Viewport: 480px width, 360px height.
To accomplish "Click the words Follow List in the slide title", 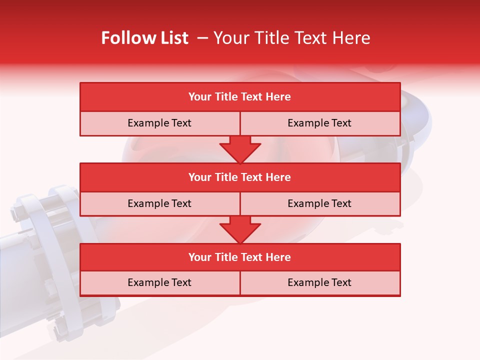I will click(x=144, y=38).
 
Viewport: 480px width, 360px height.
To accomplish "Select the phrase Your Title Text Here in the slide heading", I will click(x=291, y=38).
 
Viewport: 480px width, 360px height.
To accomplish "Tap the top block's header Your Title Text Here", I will click(x=239, y=97).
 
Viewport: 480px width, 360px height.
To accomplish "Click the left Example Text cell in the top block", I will click(x=159, y=123).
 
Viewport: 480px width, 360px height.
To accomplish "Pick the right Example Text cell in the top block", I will click(x=319, y=123).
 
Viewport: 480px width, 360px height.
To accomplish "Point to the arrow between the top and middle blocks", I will click(x=240, y=149).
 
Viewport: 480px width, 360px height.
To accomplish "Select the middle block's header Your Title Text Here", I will click(x=239, y=177).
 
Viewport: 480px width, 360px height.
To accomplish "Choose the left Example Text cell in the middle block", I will click(x=159, y=203).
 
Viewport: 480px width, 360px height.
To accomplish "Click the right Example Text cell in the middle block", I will click(x=319, y=203).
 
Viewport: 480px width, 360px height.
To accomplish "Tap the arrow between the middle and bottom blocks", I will click(x=240, y=229).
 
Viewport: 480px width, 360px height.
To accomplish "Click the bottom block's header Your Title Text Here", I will click(x=239, y=257).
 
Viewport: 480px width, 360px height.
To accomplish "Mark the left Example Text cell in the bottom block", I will click(x=159, y=282).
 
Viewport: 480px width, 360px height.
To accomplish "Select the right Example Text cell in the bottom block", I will click(x=319, y=282).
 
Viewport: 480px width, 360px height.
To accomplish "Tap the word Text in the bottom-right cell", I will click(x=340, y=282).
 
